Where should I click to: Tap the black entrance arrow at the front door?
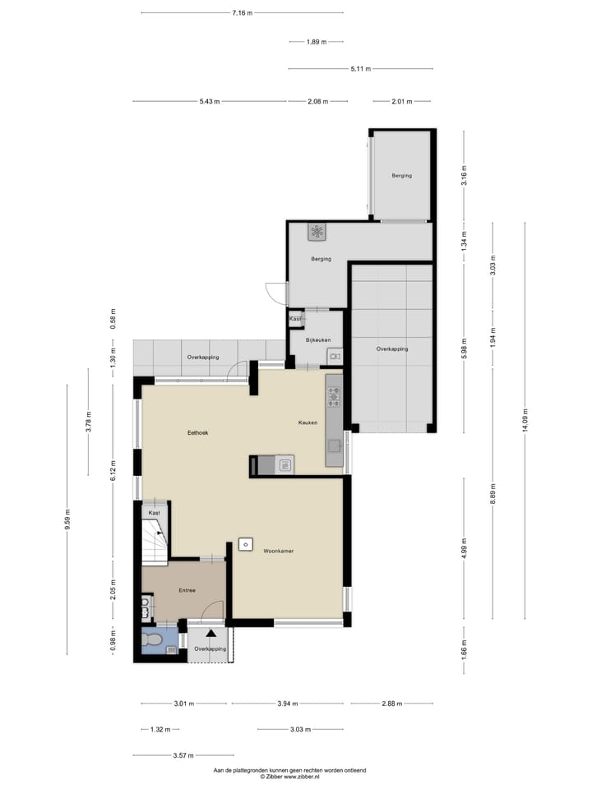210,634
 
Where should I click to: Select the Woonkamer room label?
279,551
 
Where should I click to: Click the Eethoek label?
197,432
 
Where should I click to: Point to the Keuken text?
308,422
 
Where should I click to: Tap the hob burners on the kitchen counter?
334,397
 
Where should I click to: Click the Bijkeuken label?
317,339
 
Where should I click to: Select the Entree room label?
187,590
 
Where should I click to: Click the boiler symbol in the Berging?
317,232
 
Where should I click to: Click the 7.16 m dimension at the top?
242,12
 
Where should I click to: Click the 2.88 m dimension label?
391,704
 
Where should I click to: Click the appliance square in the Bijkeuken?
334,355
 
